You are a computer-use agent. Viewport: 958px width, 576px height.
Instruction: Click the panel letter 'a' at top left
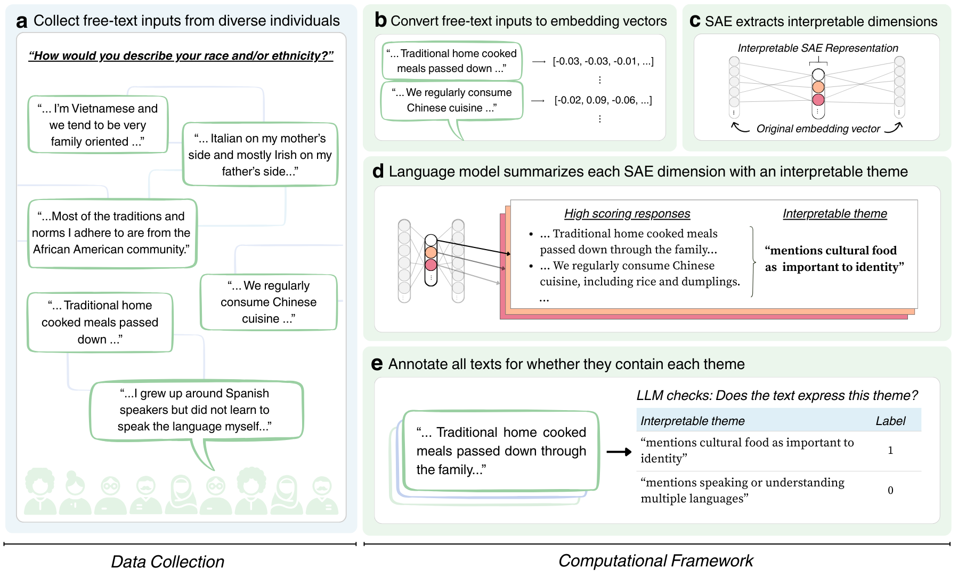pyautogui.click(x=21, y=21)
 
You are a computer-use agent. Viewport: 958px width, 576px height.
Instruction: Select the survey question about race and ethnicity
pyautogui.click(x=181, y=55)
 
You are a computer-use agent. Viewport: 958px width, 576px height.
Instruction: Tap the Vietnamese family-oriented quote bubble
pyautogui.click(x=98, y=125)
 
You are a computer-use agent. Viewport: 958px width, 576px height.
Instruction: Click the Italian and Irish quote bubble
pyautogui.click(x=260, y=155)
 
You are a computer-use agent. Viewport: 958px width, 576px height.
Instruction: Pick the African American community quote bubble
pyautogui.click(x=112, y=233)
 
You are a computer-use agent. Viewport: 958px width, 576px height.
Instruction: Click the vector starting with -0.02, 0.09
pyautogui.click(x=603, y=100)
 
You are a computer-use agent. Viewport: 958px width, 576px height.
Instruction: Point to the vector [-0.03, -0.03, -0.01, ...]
pyautogui.click(x=603, y=61)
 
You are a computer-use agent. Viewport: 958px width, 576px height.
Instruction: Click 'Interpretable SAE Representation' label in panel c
pyautogui.click(x=817, y=48)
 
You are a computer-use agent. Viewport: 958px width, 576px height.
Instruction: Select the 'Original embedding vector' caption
pyautogui.click(x=818, y=129)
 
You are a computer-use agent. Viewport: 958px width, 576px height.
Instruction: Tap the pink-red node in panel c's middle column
pyautogui.click(x=818, y=99)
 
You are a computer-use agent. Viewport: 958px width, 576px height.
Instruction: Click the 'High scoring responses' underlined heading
pyautogui.click(x=627, y=213)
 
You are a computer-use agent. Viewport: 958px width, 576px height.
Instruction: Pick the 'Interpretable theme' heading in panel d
pyautogui.click(x=834, y=213)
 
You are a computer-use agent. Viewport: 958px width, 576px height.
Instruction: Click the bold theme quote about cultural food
pyautogui.click(x=834, y=259)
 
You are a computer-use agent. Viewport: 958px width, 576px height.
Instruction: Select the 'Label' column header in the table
pyautogui.click(x=890, y=421)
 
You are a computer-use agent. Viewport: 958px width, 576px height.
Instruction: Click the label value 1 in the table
pyautogui.click(x=890, y=451)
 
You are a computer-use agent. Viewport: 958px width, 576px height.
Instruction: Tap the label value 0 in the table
pyautogui.click(x=890, y=490)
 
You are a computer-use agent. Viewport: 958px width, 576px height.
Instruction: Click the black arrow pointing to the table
pyautogui.click(x=619, y=452)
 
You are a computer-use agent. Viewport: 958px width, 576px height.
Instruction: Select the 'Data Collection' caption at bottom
pyautogui.click(x=167, y=562)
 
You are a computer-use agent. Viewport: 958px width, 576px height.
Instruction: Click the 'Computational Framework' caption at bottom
pyautogui.click(x=655, y=561)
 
